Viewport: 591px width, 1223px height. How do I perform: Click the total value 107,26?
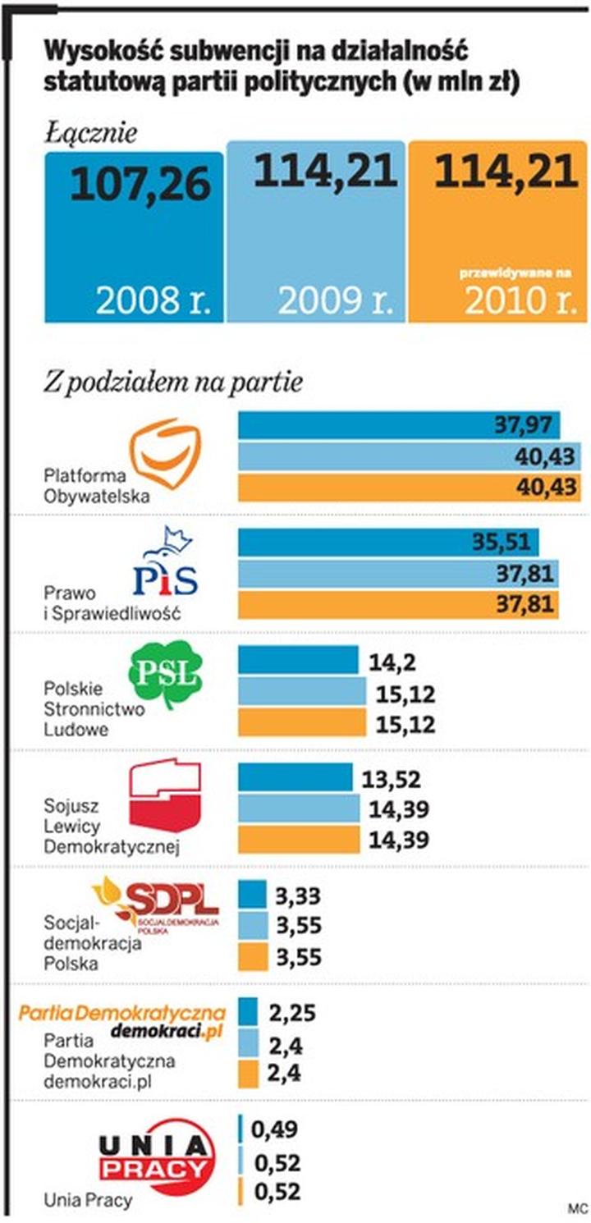tap(140, 186)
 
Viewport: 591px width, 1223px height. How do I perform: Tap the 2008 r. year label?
tap(153, 301)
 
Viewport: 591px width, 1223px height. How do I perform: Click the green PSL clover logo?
tap(164, 676)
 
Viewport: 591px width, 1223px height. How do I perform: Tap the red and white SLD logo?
tap(165, 795)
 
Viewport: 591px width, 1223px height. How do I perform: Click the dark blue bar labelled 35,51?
tap(387, 542)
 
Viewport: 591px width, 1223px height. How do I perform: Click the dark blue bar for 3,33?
tap(252, 894)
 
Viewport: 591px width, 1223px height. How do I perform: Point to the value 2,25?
tap(292, 1012)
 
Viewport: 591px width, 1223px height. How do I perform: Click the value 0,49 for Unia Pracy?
tap(276, 1130)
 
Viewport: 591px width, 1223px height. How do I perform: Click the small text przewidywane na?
tap(515, 272)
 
